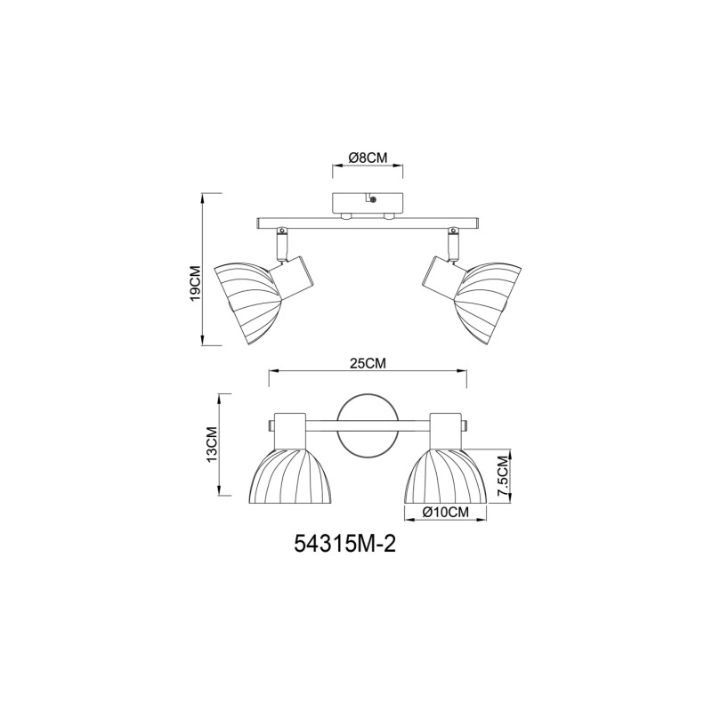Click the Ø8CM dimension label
click(x=368, y=158)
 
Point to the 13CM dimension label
click(x=213, y=444)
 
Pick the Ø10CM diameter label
click(x=446, y=512)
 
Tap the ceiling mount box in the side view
click(x=366, y=205)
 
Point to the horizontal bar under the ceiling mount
click(x=368, y=222)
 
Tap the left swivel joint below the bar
click(x=281, y=241)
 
